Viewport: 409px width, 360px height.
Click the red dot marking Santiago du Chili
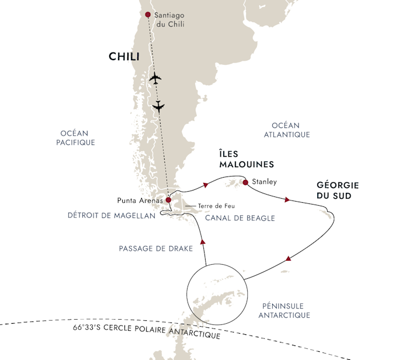point(148,15)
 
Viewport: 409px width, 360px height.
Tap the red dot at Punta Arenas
point(168,200)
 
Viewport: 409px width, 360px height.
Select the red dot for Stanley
point(245,182)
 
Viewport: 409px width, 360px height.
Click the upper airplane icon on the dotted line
point(155,78)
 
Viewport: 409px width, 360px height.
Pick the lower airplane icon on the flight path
point(158,106)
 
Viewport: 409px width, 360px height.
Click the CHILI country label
point(124,57)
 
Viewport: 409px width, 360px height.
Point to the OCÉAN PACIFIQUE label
point(75,138)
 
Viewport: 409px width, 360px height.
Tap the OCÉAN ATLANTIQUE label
point(287,130)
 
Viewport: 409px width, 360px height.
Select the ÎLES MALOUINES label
point(247,159)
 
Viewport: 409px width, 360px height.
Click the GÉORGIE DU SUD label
point(338,191)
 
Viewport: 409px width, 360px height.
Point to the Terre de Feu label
point(216,206)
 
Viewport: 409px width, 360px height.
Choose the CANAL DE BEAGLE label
point(240,218)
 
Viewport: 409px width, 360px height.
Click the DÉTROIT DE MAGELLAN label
point(112,216)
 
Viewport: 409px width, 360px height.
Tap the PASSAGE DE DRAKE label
point(156,248)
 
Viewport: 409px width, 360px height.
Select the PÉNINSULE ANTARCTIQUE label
point(285,310)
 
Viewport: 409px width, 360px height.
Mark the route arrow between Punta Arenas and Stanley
point(206,185)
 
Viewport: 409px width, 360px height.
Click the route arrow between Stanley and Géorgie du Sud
point(287,199)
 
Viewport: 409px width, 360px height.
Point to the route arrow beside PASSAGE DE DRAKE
point(203,242)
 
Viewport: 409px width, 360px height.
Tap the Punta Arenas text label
point(140,200)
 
